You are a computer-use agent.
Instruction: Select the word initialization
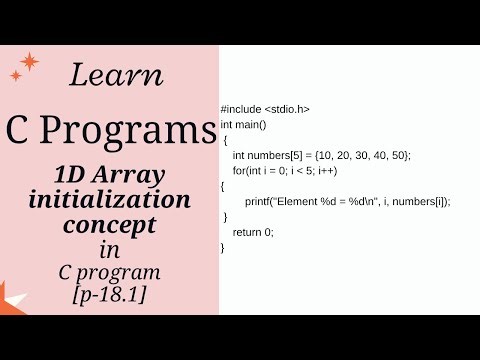point(110,200)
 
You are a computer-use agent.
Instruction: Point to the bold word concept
point(110,226)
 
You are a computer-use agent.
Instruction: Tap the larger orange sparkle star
point(29,62)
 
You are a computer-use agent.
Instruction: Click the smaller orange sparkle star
point(15,75)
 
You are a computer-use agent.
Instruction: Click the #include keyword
point(241,109)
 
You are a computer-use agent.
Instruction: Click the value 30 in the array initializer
point(361,155)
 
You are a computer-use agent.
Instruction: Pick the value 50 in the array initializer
point(399,155)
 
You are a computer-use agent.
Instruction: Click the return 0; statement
point(253,232)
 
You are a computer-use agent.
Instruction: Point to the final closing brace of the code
point(223,247)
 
